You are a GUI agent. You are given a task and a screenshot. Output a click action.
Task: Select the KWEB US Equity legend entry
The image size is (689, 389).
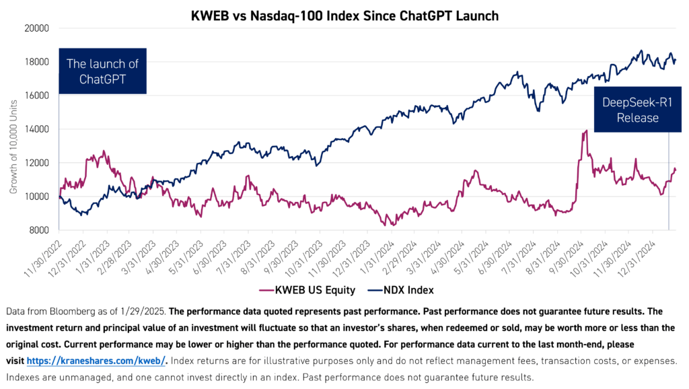[295, 291]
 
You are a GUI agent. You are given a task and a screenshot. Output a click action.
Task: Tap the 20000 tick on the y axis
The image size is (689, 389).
[38, 28]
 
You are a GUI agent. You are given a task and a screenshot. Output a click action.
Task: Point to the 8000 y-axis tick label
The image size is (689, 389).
[40, 230]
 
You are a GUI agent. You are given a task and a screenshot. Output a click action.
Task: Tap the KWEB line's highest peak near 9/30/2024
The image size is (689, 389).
[587, 131]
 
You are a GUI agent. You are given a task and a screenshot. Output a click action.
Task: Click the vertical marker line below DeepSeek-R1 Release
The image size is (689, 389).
[669, 182]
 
